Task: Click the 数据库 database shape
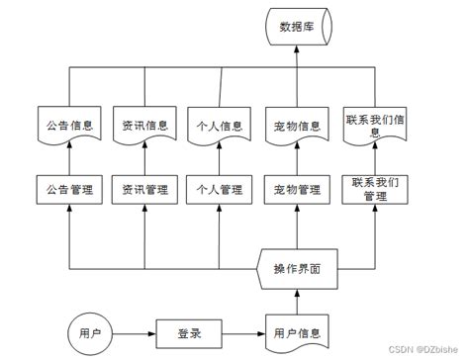[x=298, y=27]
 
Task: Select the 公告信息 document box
[x=70, y=126]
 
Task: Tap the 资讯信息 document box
[x=144, y=126]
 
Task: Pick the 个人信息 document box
[x=220, y=126]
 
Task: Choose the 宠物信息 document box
[x=298, y=126]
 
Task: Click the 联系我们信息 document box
[x=375, y=126]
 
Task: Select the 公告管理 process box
[x=70, y=188]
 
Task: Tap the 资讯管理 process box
[x=144, y=188]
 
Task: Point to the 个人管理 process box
[x=220, y=188]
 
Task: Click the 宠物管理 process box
[x=298, y=188]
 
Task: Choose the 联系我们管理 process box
[x=375, y=188]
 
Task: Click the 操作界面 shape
[x=298, y=267]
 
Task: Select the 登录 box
[x=190, y=332]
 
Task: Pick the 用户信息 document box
[x=298, y=331]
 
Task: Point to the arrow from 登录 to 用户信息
[x=244, y=332]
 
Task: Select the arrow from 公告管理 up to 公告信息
[x=70, y=158]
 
